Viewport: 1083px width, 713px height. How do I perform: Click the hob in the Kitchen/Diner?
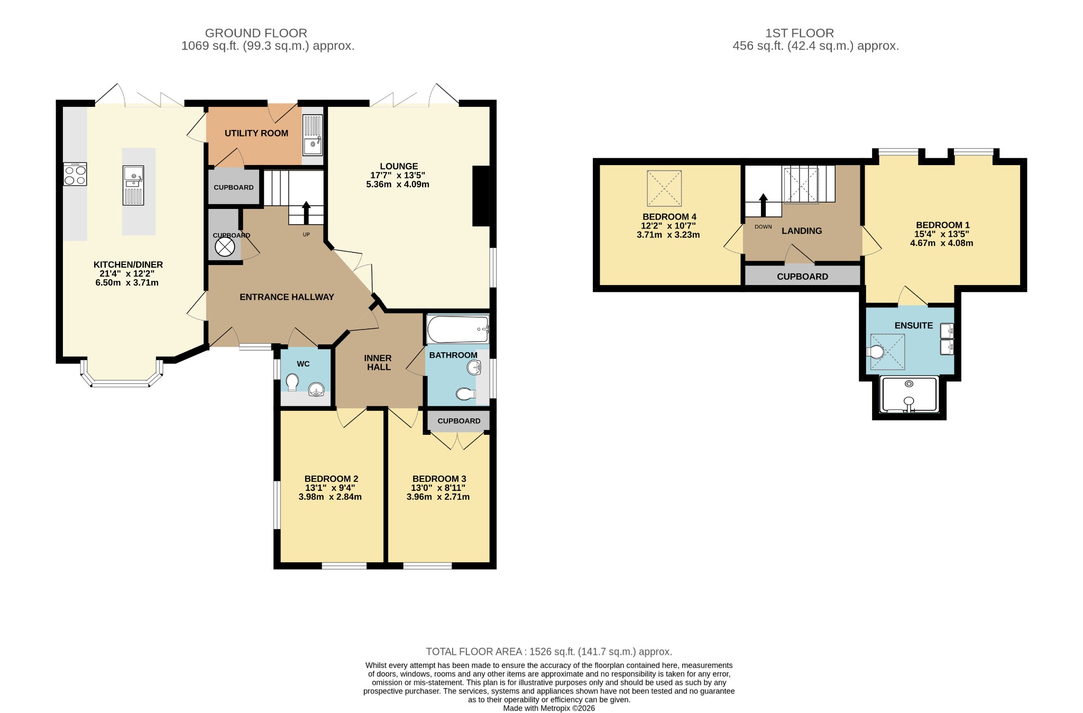coord(75,174)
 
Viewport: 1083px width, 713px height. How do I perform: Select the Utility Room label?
coord(256,133)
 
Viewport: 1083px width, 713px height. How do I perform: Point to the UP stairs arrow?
coord(306,213)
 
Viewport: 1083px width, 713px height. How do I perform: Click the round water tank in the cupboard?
coord(224,247)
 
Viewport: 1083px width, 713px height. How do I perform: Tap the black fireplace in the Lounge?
coord(481,196)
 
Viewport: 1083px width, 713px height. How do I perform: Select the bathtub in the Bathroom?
coord(458,330)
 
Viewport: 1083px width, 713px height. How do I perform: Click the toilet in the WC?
coord(292,382)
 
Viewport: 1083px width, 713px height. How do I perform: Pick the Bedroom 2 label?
coord(332,479)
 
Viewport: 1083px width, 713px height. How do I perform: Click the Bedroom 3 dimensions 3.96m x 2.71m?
coord(438,497)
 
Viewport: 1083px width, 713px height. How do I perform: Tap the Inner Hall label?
coord(378,363)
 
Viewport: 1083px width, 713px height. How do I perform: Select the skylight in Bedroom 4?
coord(664,188)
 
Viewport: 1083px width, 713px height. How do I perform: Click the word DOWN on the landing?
coord(763,227)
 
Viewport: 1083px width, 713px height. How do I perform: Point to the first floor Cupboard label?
coord(802,277)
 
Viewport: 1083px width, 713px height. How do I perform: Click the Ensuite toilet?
coord(875,352)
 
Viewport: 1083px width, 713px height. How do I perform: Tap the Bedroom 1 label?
coord(943,225)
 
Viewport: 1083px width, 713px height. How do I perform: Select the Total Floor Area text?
coord(549,652)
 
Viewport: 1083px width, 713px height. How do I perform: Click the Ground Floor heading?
coord(256,33)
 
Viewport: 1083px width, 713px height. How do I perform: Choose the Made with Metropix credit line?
coord(549,708)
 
